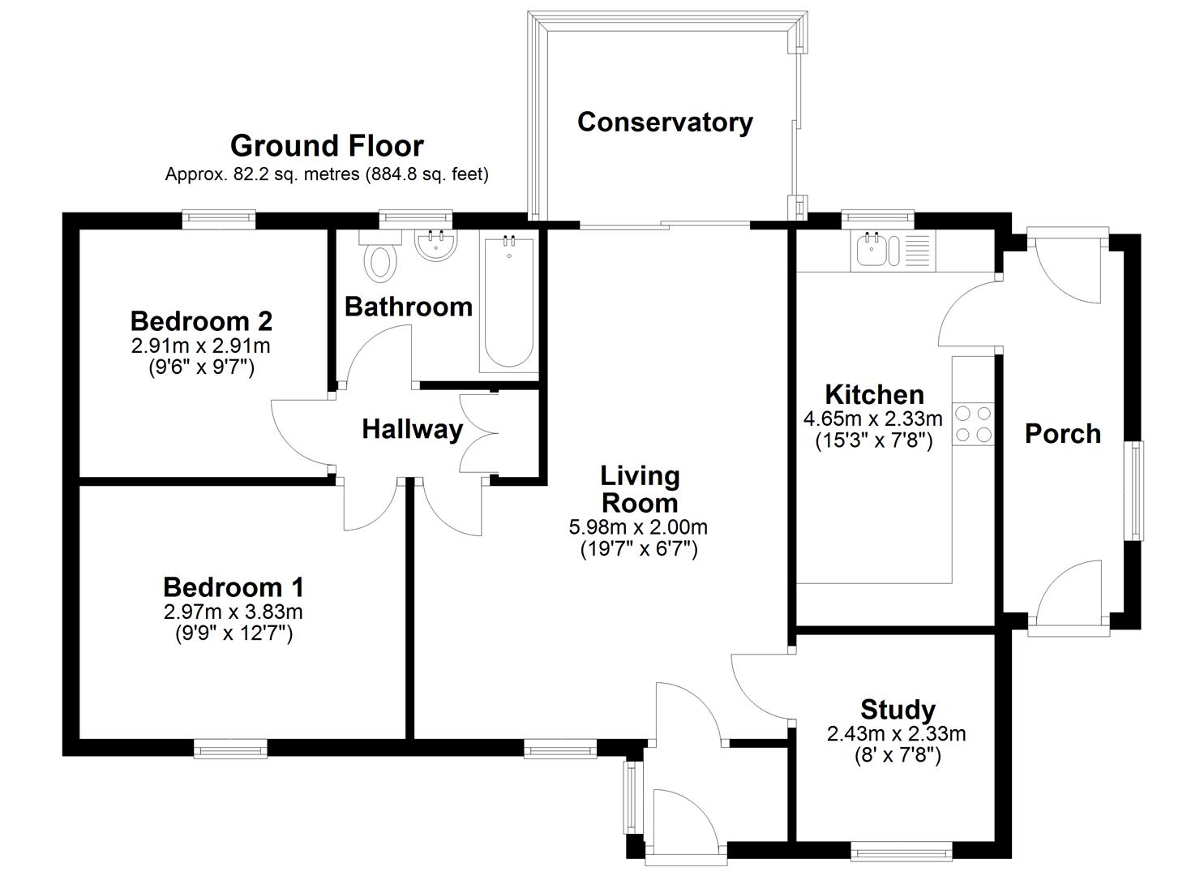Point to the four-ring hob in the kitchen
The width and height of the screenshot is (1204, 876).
(973, 423)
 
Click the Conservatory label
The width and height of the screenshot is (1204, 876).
(665, 122)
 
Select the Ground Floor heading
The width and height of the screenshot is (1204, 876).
(327, 146)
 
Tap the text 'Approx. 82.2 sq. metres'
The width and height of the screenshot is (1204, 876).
(262, 174)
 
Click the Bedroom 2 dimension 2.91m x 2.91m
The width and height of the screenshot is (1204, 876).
(201, 346)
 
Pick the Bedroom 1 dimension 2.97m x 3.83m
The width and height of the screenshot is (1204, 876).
(234, 611)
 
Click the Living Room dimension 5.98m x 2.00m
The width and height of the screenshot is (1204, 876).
(638, 527)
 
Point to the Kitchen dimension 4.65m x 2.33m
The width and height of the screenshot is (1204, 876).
(873, 419)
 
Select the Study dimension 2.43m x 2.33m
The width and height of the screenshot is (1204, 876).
(897, 734)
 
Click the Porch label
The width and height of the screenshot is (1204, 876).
(1062, 434)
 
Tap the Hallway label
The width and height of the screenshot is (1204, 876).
(412, 429)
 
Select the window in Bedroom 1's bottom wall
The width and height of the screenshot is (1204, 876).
(230, 748)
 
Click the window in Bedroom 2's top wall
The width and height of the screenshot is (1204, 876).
(219, 219)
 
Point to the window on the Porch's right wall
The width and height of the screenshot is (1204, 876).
(1134, 491)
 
